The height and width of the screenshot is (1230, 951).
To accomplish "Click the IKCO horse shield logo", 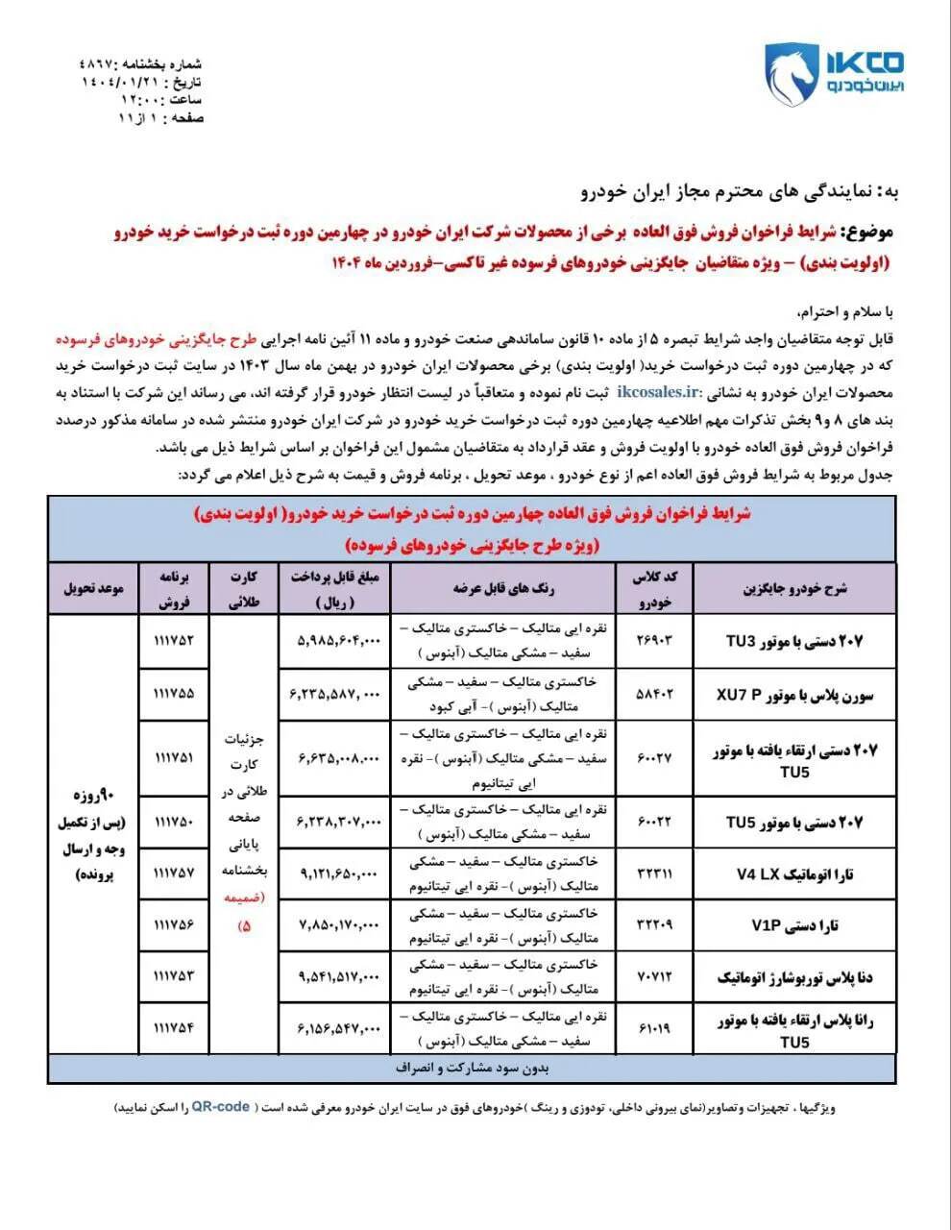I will [790, 76].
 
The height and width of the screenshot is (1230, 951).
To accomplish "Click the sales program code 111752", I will [173, 640].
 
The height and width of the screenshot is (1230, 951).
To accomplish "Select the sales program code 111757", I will [173, 873].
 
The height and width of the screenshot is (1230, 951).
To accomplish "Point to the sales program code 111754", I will [173, 1028].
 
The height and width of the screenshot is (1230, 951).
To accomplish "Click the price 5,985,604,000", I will [334, 640].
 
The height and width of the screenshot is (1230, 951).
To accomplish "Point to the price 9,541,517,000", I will [334, 977].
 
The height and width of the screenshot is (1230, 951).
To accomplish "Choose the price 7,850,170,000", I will [334, 925].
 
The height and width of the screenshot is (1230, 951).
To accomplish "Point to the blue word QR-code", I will [221, 1107].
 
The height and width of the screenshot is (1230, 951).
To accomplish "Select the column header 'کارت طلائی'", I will [243, 588].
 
